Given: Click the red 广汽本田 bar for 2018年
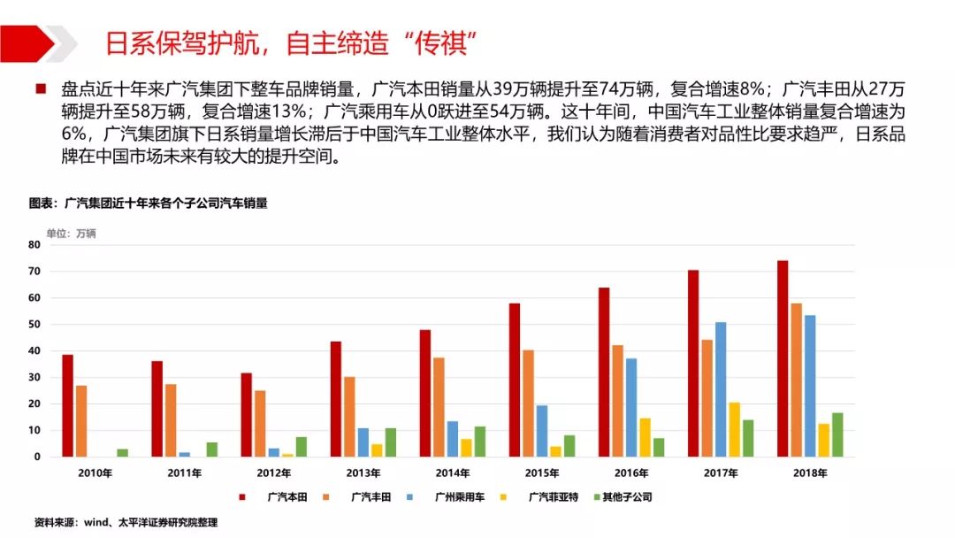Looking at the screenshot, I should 783,358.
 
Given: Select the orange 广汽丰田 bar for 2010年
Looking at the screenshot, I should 81,421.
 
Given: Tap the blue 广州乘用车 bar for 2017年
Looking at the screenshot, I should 721,389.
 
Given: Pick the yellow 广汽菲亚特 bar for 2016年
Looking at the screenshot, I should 645,437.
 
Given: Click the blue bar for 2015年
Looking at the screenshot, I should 541,431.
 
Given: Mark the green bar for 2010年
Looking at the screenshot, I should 122,453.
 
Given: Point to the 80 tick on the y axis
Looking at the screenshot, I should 35,244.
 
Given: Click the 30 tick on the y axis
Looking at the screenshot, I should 35,377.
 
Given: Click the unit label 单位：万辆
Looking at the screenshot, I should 71,234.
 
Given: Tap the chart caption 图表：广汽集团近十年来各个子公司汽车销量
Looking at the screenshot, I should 149,203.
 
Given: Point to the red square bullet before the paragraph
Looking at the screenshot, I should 40,89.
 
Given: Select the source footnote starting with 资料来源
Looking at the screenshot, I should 125,522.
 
